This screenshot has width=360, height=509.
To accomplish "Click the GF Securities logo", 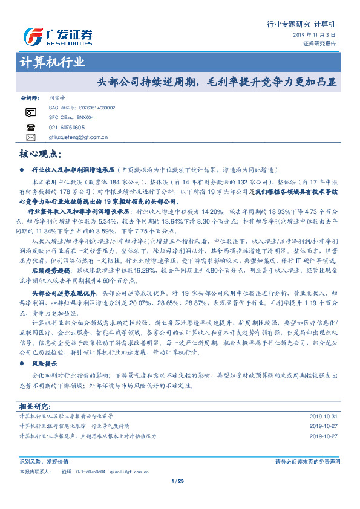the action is click(x=57, y=37).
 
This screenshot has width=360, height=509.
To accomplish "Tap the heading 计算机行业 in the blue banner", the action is click(x=53, y=62).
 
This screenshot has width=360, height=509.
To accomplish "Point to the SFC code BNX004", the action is click(x=82, y=117).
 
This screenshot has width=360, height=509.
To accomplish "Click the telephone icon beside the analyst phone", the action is click(x=31, y=127).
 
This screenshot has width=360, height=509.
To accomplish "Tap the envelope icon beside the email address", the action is click(x=31, y=137).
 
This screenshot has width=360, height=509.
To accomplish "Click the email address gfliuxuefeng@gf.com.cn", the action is click(x=77, y=137).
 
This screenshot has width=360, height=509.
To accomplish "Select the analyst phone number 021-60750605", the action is click(x=66, y=128).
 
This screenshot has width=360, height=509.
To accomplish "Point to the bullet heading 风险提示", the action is click(x=44, y=365).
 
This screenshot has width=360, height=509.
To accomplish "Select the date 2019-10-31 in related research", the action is click(x=324, y=416).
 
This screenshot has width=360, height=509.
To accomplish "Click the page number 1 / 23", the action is click(x=177, y=481).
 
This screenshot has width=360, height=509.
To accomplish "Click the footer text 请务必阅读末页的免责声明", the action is click(x=307, y=462).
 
